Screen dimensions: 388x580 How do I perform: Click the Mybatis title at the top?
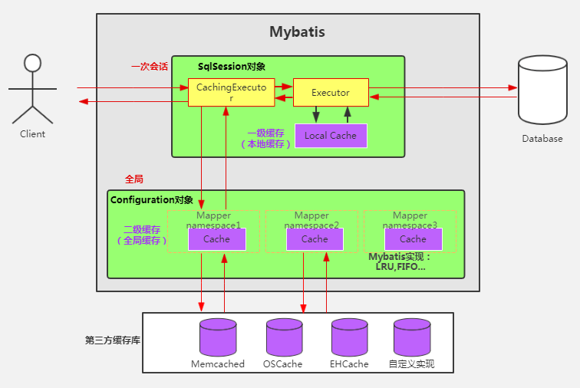pyautogui.click(x=297, y=32)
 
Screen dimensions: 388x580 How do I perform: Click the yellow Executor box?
pyautogui.click(x=330, y=93)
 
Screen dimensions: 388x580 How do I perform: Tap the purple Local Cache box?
pyautogui.click(x=331, y=136)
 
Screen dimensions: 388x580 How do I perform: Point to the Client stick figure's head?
pyautogui.click(x=31, y=62)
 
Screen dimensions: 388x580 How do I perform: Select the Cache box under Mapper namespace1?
pyautogui.click(x=216, y=239)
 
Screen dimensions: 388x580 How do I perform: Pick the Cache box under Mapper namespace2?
pyautogui.click(x=315, y=239)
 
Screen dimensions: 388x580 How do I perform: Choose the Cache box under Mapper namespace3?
pyautogui.click(x=412, y=239)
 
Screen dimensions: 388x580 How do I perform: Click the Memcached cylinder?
pyautogui.click(x=218, y=337)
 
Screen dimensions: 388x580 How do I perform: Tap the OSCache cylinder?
pyautogui.click(x=284, y=337)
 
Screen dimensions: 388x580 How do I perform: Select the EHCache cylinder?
pyautogui.click(x=350, y=337)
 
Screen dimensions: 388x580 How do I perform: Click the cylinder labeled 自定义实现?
pyautogui.click(x=412, y=337)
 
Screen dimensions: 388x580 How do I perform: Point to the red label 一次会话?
pyautogui.click(x=150, y=67)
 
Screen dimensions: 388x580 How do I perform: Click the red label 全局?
pyautogui.click(x=134, y=179)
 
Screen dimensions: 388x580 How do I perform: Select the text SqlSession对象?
pyautogui.click(x=231, y=67)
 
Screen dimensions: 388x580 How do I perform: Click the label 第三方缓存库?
pyautogui.click(x=112, y=340)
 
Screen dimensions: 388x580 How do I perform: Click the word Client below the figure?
pyautogui.click(x=32, y=133)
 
